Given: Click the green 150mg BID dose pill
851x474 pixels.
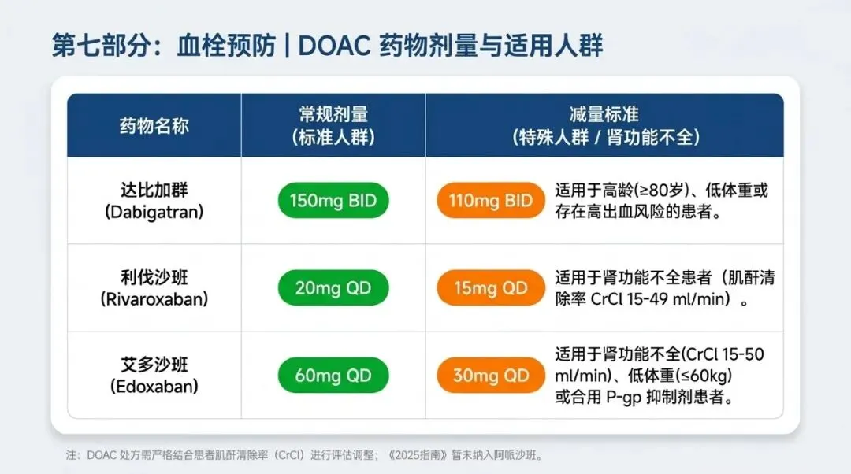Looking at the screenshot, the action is (333, 201).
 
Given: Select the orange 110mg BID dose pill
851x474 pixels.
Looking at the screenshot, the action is (491, 201).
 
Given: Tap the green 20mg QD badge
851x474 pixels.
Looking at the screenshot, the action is (333, 288).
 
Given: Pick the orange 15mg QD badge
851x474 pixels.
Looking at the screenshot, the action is (491, 288).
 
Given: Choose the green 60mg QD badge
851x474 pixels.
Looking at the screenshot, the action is (333, 376).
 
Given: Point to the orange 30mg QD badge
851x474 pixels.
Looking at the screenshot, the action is (491, 376).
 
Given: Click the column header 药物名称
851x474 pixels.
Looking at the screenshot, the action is (154, 126).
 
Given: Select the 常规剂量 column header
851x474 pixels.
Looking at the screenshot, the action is (333, 114).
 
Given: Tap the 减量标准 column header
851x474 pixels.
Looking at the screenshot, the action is (604, 114).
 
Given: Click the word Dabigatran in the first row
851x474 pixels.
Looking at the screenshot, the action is (154, 212).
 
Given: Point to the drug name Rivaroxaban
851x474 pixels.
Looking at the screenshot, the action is (154, 299).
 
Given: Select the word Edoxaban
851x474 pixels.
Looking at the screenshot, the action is (154, 386).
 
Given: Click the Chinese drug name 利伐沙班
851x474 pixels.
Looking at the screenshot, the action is (154, 278).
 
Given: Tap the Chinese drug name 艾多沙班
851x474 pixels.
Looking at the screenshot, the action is (154, 365).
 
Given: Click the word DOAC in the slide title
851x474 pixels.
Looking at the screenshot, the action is (334, 46).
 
